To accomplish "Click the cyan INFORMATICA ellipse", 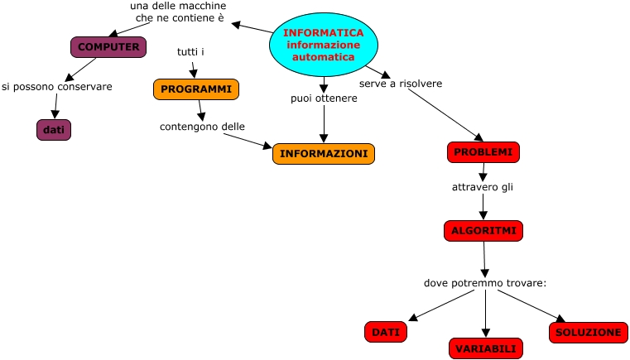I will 323,45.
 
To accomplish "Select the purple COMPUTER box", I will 108,47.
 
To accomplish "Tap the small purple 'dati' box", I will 54,130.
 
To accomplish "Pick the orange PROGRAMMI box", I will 196,89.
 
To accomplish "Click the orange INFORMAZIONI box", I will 324,154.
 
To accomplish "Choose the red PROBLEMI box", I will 483,152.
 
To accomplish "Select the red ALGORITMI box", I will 483,231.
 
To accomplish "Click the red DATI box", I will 386,332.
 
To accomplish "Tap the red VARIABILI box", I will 486,348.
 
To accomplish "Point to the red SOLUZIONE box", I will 588,332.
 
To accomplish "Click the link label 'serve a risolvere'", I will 400,84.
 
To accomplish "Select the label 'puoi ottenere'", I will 324,98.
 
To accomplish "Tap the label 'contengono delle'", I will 202,127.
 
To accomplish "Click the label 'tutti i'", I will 190,52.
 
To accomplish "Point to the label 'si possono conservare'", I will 56,86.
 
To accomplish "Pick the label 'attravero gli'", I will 483,187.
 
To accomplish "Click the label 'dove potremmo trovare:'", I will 485,283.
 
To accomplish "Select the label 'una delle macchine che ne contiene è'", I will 179,12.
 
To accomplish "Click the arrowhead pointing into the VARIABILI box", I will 486,334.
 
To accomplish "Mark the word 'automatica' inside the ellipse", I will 323,57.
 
